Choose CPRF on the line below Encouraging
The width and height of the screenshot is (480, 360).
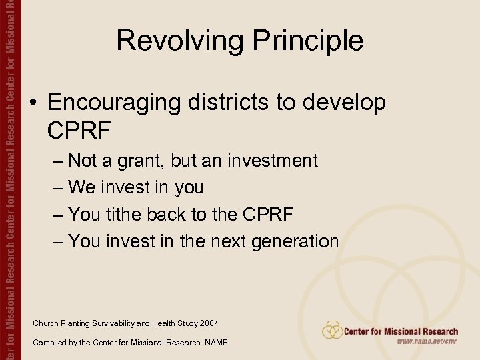(x=79, y=131)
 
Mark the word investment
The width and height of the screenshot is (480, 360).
(x=273, y=161)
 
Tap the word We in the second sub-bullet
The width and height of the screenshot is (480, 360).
(x=82, y=187)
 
